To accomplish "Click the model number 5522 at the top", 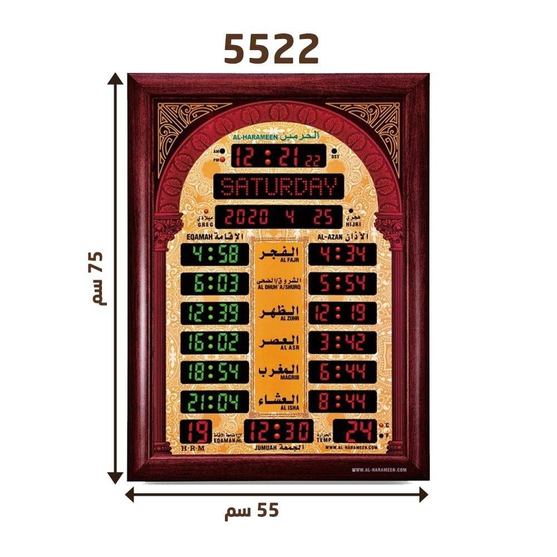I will [271, 49].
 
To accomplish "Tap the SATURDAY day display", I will [278, 187].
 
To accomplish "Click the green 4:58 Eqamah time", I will [214, 255].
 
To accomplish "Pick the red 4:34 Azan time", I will [342, 255].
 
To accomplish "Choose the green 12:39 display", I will [214, 312].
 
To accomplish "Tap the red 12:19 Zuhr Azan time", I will [342, 312].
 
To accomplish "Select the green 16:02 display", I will [214, 342].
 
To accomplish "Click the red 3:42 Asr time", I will [342, 342].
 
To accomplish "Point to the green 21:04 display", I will [214, 401].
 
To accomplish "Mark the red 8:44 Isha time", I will [342, 401].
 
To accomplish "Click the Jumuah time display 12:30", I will [278, 431].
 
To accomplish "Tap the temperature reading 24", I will [354, 431].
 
